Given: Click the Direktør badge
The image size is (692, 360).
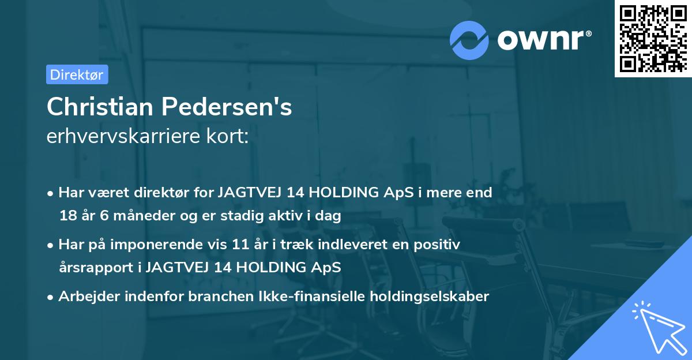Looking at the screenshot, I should tap(77, 74).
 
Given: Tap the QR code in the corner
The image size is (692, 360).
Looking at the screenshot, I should tap(653, 39).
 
